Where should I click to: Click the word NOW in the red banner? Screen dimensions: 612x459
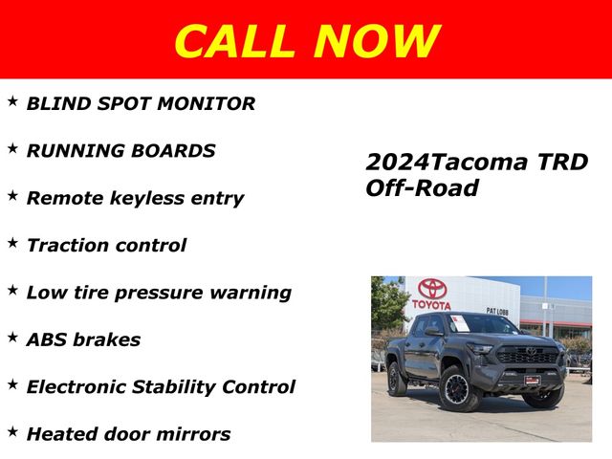(x=377, y=40)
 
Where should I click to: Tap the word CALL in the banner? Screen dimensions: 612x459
(x=234, y=40)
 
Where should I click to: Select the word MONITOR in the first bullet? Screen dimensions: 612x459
(x=207, y=103)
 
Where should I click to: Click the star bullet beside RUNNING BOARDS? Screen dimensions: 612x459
(x=12, y=148)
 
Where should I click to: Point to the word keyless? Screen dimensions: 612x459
(x=147, y=198)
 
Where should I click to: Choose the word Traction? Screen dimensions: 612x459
(x=68, y=245)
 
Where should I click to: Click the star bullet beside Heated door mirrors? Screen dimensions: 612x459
(x=12, y=431)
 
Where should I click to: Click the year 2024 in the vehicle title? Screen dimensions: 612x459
(x=398, y=162)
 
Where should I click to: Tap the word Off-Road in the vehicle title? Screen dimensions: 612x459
(x=422, y=187)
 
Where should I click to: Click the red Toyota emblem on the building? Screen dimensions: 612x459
(x=432, y=288)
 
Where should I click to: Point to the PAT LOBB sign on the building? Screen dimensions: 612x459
(x=497, y=311)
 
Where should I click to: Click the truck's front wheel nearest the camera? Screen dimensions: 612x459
(x=458, y=389)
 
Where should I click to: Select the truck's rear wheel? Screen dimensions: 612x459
(x=396, y=379)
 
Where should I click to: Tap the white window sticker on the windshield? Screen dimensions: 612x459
(x=459, y=323)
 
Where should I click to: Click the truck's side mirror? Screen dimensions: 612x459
(x=433, y=332)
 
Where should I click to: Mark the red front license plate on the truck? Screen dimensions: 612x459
(x=533, y=380)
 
